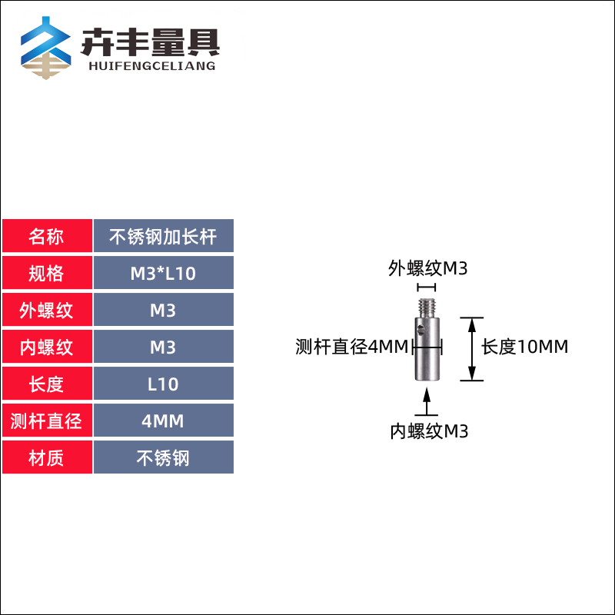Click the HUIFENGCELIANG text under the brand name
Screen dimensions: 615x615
[x=148, y=66]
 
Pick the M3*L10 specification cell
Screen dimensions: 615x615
[x=163, y=274]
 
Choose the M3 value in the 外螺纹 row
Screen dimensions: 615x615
[x=163, y=311]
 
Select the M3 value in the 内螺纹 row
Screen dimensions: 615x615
[x=163, y=347]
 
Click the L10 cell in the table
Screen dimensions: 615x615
[x=163, y=384]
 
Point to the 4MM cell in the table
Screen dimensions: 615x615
[x=163, y=421]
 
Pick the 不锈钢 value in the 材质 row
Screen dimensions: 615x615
[x=163, y=458]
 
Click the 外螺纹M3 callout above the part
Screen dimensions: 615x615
[x=427, y=268]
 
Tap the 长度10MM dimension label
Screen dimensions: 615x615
[x=525, y=347]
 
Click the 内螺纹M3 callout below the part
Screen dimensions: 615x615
[x=428, y=431]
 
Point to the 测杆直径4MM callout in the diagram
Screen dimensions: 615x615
[x=351, y=347]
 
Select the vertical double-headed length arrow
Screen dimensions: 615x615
[x=471, y=349]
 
